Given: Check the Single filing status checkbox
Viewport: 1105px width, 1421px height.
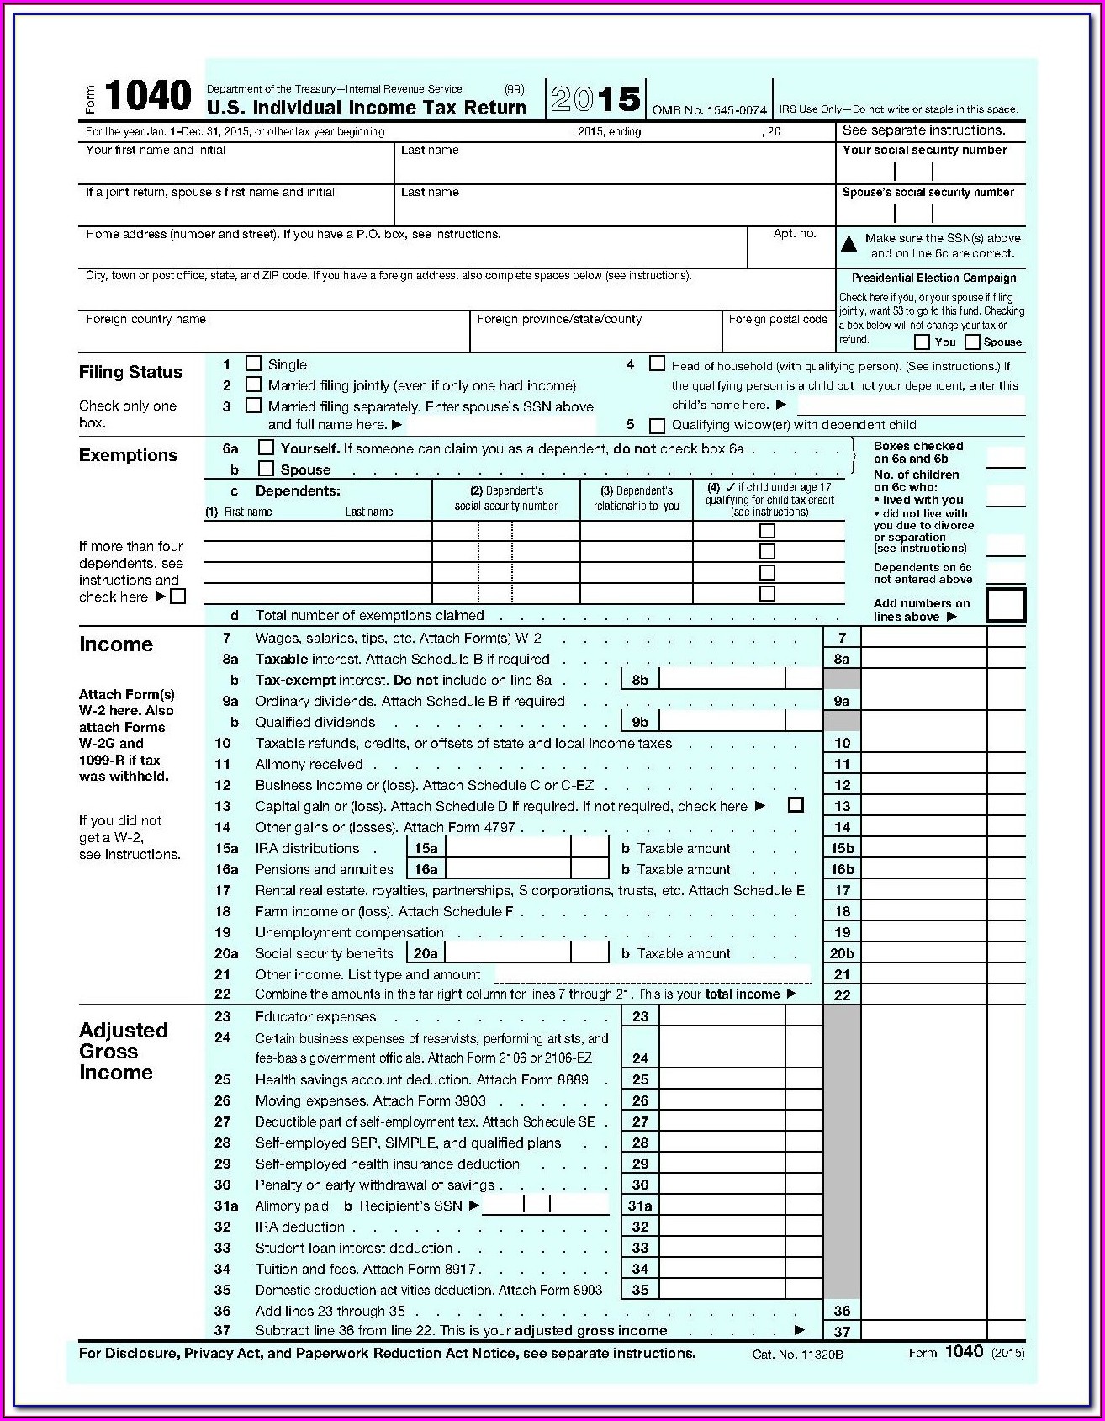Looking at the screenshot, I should [x=253, y=363].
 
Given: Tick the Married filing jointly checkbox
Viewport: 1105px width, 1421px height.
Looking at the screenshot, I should [x=253, y=384].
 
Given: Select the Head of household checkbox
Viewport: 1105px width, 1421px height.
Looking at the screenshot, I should [x=657, y=363].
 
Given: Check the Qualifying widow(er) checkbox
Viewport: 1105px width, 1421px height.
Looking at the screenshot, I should [x=657, y=426].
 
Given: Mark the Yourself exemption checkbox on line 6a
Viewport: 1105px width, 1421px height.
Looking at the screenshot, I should [x=266, y=448].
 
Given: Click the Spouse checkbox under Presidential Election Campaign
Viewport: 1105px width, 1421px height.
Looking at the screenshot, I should [x=972, y=342].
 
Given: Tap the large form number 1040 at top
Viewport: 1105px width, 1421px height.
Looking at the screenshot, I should [x=148, y=97].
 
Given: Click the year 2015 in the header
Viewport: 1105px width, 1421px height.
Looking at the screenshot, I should [x=596, y=100].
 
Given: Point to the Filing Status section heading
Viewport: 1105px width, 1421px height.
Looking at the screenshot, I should [x=130, y=372].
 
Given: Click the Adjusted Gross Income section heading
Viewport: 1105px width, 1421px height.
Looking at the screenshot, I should [x=123, y=1051].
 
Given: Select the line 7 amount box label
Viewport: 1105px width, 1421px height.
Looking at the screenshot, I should [x=842, y=639].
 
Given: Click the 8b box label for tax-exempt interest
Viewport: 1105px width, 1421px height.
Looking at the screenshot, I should [x=640, y=680].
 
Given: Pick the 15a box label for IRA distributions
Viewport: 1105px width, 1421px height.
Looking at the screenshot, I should [x=426, y=849].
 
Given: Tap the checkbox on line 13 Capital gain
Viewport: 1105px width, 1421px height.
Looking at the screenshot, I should [x=796, y=805].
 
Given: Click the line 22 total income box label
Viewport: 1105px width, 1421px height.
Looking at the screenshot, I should [x=842, y=995].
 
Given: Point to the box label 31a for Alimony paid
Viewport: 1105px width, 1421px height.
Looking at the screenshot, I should [x=640, y=1206].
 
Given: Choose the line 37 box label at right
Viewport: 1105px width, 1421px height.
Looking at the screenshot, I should [x=842, y=1332].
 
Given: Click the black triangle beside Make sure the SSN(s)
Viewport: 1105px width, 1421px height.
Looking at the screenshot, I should [x=849, y=244].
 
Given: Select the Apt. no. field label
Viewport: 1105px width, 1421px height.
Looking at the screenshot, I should [x=795, y=234].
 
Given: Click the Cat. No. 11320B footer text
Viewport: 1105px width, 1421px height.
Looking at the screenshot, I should [x=797, y=1355].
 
